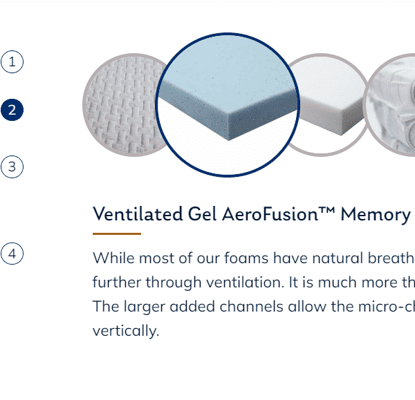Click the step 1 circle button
click(x=12, y=62)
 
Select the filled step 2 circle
click(x=12, y=110)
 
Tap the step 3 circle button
click(x=12, y=166)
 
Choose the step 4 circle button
click(x=12, y=254)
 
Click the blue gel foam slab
click(x=228, y=87)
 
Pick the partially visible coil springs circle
click(x=390, y=105)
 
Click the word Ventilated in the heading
click(x=138, y=214)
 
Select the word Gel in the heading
click(x=203, y=214)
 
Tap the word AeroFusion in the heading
click(x=270, y=214)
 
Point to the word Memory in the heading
click(x=376, y=215)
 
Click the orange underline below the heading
click(x=117, y=234)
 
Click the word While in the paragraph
click(x=113, y=258)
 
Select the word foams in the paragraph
click(x=246, y=258)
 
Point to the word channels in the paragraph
click(x=252, y=307)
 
